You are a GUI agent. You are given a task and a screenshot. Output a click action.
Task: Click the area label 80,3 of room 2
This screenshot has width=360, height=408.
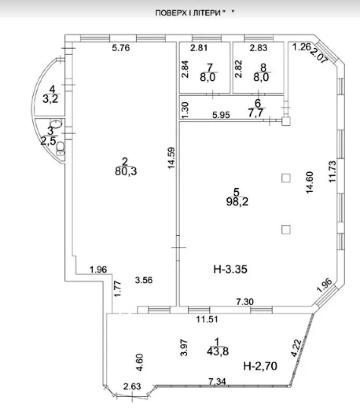(126, 172)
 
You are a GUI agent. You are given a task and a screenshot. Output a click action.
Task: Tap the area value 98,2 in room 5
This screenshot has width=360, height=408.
(237, 202)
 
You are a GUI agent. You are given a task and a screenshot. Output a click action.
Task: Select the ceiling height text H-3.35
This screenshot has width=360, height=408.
(230, 269)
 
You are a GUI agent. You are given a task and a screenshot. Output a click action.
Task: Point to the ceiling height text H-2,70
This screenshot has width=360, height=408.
(260, 366)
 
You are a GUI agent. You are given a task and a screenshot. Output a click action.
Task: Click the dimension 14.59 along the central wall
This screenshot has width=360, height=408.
(171, 158)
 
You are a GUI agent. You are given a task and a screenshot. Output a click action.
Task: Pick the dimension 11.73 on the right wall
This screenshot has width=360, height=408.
(332, 172)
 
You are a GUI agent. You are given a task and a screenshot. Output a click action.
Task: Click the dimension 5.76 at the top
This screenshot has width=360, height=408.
(121, 48)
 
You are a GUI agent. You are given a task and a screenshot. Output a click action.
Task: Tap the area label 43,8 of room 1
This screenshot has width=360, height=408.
(218, 352)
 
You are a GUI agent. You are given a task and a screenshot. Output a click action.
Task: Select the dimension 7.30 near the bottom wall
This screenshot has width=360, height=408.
(245, 302)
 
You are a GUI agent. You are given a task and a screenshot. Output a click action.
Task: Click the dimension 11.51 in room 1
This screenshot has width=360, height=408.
(207, 319)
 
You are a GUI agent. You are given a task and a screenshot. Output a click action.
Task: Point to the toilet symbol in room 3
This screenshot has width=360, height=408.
(61, 148)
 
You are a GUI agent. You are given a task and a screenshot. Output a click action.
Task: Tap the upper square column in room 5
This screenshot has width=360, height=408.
(286, 178)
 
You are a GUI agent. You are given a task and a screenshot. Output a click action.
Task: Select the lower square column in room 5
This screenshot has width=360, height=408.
(286, 230)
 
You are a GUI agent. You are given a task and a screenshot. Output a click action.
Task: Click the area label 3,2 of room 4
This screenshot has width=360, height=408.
(50, 99)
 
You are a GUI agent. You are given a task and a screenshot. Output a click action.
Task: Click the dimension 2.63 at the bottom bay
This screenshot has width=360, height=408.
(132, 386)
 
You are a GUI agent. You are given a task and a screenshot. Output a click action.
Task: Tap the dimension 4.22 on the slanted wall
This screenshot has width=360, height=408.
(296, 348)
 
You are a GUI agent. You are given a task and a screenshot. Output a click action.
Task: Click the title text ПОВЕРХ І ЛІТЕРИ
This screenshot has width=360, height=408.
(188, 13)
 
